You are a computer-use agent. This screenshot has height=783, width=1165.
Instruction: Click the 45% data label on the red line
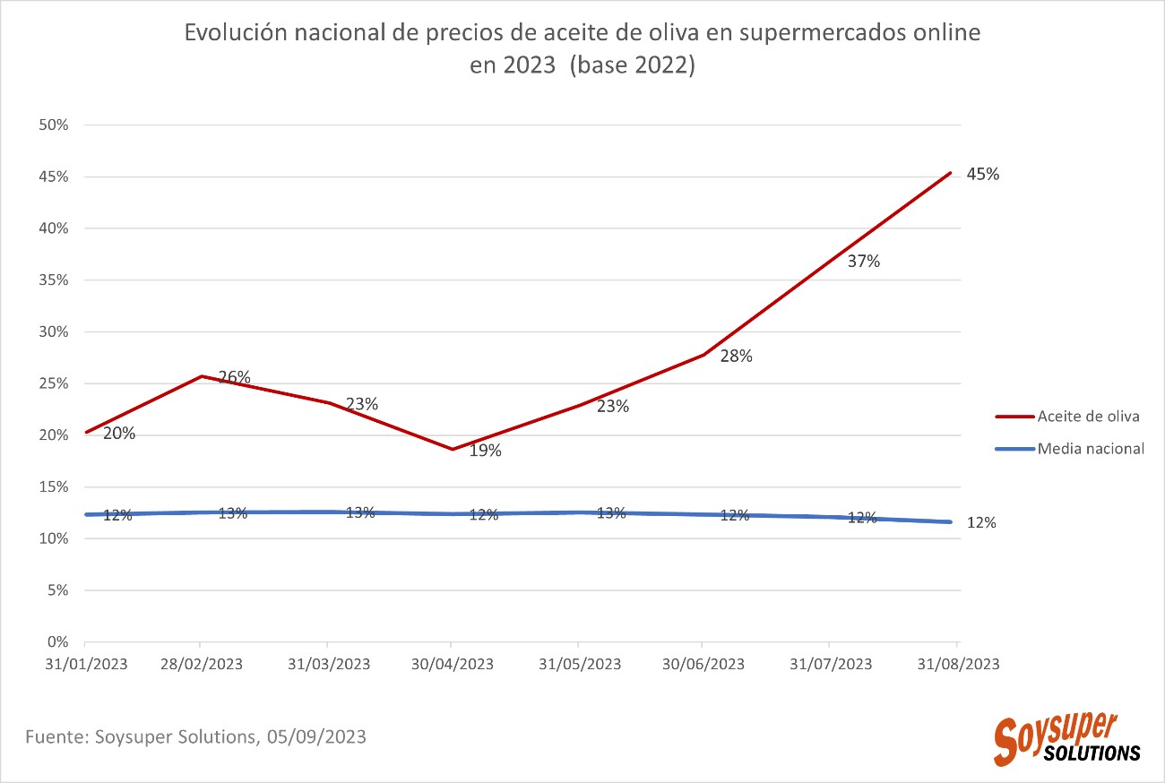pos(982,175)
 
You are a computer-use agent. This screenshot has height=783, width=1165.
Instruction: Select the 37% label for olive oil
pos(864,262)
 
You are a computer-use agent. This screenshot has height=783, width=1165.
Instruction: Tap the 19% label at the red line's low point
pos(486,451)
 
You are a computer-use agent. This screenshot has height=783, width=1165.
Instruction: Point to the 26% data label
pos(234,377)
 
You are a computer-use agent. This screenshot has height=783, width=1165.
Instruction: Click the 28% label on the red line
pos(737,356)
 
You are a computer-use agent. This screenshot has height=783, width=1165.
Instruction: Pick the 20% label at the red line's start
pos(119,434)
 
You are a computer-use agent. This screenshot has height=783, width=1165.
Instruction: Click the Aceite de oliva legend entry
pos(1088,417)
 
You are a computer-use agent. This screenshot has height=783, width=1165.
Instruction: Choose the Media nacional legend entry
pos(1091,448)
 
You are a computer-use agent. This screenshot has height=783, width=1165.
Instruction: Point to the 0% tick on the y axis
pos(57,642)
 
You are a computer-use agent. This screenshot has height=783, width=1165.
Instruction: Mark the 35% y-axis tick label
pos(54,280)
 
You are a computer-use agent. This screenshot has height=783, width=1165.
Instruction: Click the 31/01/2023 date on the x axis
pos(86,664)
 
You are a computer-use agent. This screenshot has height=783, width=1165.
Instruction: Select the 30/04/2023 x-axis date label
pos(452,664)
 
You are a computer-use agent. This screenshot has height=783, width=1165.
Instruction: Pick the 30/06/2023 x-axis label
pos(703,664)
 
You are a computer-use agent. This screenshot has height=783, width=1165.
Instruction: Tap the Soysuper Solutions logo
pos(1066,739)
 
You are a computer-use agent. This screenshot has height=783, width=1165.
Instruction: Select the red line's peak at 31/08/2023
pos(951,173)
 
